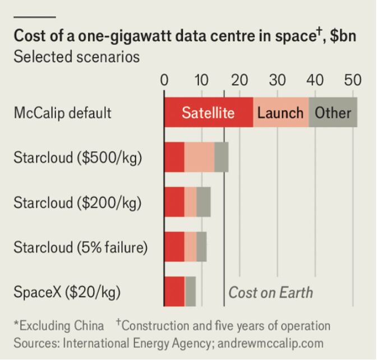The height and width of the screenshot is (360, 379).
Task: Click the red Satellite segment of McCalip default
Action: pyautogui.click(x=209, y=112)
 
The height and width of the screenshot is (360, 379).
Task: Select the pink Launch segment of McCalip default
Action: pyautogui.click(x=281, y=112)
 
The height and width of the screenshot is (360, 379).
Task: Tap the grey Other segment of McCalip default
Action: pyautogui.click(x=333, y=112)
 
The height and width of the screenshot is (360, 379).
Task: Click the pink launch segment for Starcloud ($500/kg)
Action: pyautogui.click(x=199, y=157)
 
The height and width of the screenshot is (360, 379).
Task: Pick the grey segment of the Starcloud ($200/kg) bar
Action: pyautogui.click(x=204, y=202)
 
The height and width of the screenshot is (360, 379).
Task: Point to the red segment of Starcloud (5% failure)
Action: pyautogui.click(x=174, y=247)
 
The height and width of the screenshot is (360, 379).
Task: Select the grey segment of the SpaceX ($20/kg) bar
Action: pyautogui.click(x=191, y=292)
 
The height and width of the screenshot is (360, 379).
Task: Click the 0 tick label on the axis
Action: pyautogui.click(x=164, y=80)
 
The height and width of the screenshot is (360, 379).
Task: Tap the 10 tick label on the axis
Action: pyautogui.click(x=201, y=80)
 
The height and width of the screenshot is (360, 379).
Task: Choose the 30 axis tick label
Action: pyautogui.click(x=277, y=80)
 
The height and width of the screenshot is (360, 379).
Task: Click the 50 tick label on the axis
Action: pyautogui.click(x=353, y=80)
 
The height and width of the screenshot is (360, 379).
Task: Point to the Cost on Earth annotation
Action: pyautogui.click(x=271, y=293)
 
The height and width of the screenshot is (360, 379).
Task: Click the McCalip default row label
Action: pyautogui.click(x=63, y=113)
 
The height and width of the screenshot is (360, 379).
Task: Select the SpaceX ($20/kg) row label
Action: pyautogui.click(x=67, y=292)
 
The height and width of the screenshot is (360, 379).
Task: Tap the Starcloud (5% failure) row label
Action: pyautogui.click(x=81, y=247)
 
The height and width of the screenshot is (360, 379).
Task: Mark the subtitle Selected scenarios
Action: pyautogui.click(x=77, y=57)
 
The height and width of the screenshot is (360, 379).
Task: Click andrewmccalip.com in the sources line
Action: pyautogui.click(x=270, y=344)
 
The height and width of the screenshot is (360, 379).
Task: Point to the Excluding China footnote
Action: pyautogui.click(x=59, y=326)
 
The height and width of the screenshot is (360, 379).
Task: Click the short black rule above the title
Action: pyautogui.click(x=35, y=17)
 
